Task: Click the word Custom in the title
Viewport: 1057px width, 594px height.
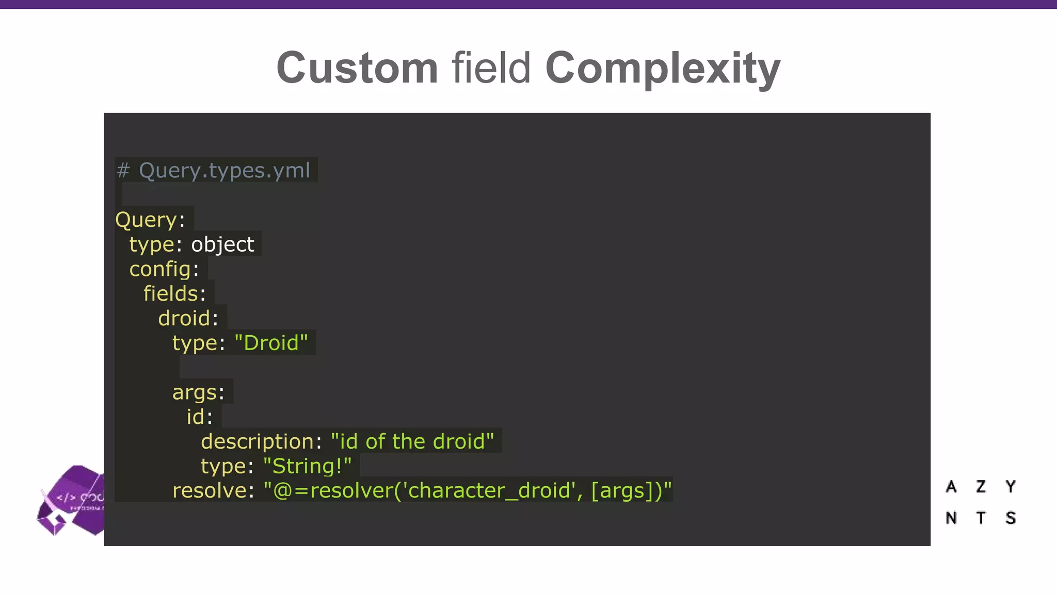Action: point(357,68)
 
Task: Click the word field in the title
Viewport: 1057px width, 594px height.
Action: point(491,68)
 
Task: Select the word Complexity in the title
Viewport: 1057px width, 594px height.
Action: point(663,68)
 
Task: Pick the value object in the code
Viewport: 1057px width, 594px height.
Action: point(222,244)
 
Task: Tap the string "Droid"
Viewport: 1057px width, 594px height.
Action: point(271,343)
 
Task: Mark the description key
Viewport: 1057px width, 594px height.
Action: point(258,442)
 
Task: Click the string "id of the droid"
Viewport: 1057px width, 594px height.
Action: point(412,442)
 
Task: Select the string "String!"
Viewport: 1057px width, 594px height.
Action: point(307,467)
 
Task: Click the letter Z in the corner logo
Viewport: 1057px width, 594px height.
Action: point(981,487)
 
